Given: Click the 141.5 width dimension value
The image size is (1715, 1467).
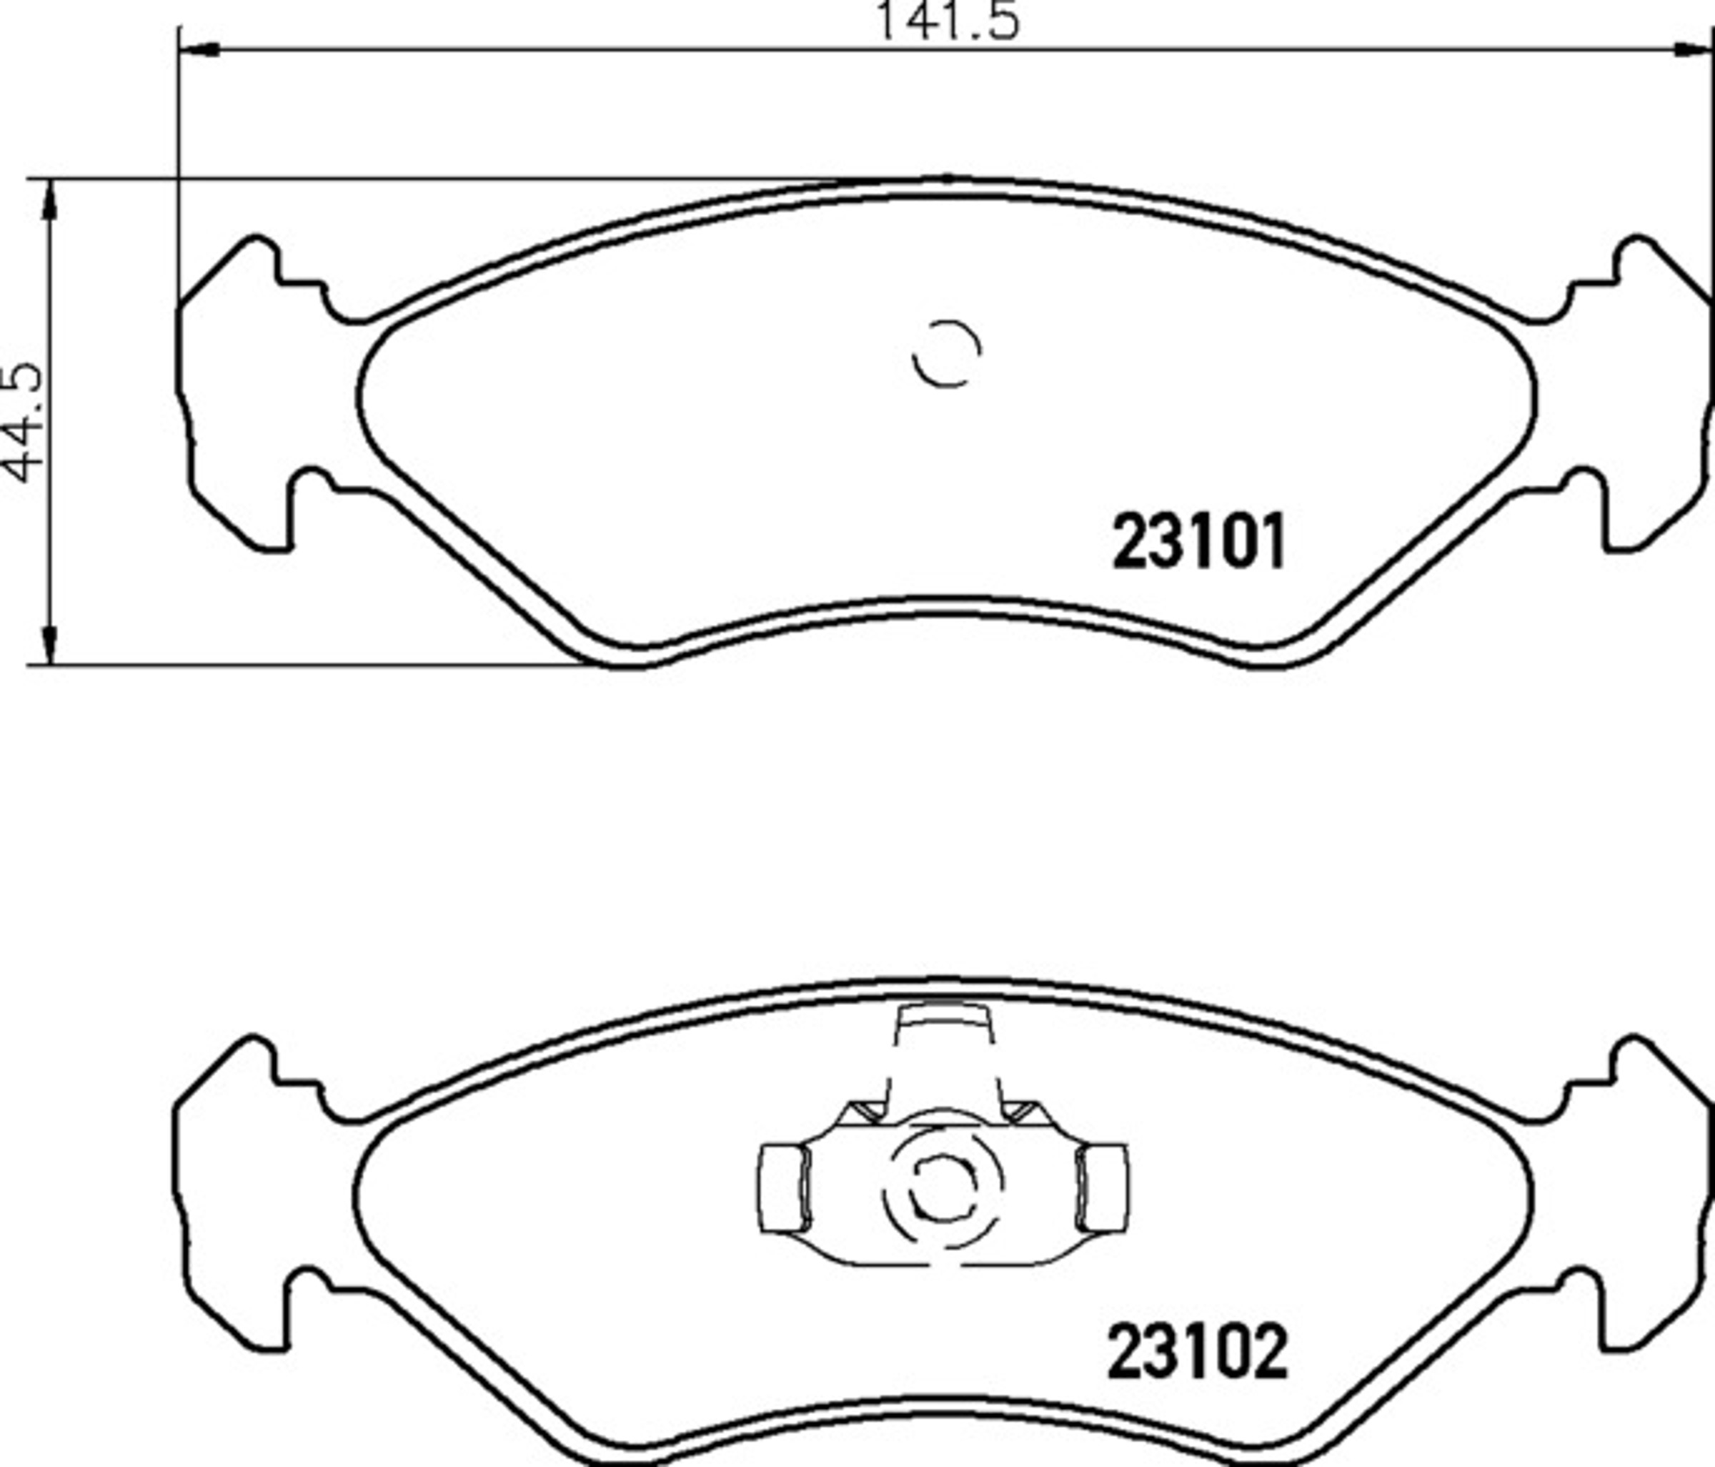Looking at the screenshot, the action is point(947,20).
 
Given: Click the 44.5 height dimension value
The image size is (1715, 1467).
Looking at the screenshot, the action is point(22,423).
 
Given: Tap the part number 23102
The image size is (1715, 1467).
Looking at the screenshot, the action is point(1198,1351).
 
